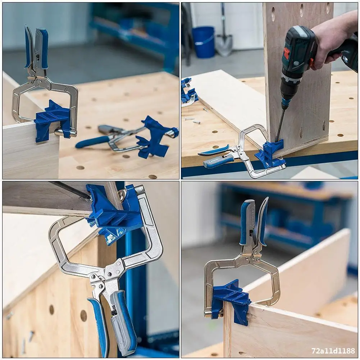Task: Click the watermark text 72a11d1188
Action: [333, 351]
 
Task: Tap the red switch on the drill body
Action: [286, 54]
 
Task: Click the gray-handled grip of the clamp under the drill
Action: [217, 161]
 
